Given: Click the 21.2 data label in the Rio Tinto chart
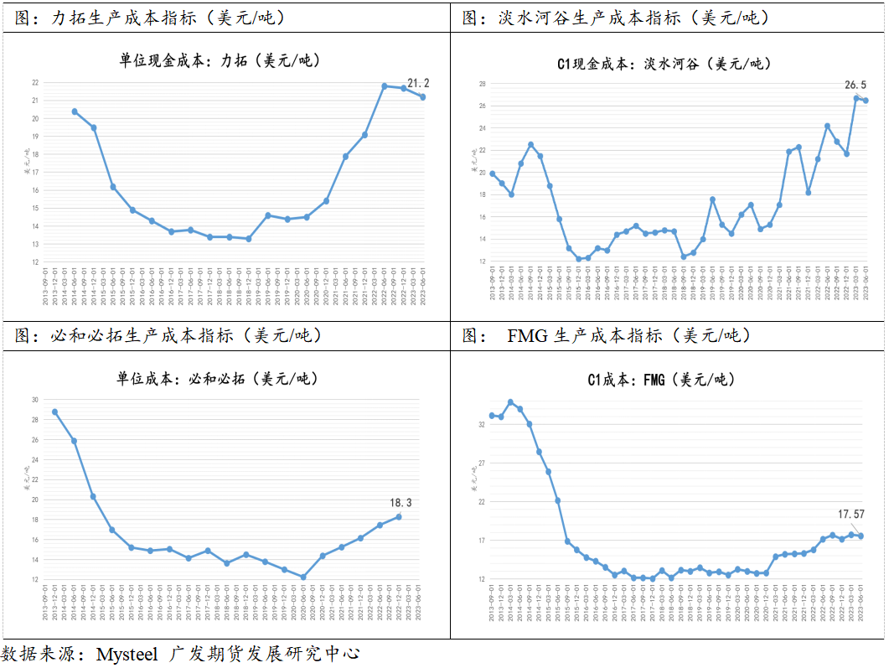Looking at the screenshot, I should (418, 83).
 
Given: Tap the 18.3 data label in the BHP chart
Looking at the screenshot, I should (401, 503).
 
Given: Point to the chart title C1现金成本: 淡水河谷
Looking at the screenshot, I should (664, 64).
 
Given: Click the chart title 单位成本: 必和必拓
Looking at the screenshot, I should (218, 379).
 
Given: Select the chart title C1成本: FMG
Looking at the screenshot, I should (661, 381).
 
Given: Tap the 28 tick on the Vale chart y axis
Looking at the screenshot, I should (483, 84).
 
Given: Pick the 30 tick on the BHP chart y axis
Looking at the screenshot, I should (35, 399).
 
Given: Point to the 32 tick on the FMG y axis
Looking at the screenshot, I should (482, 425).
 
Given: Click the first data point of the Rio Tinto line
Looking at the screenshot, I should (75, 111).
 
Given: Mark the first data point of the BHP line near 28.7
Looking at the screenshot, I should (55, 412).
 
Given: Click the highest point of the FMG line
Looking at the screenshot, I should (511, 402).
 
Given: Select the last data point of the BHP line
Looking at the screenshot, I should (398, 516).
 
